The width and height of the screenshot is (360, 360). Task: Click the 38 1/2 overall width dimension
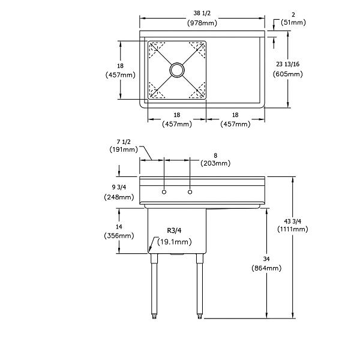202,13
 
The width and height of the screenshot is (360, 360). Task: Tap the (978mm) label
202,23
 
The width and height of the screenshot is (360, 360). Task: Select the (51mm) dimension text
293,22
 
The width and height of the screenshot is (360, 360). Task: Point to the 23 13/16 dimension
287,64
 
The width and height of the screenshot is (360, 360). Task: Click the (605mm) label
287,74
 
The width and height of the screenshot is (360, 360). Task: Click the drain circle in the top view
177,70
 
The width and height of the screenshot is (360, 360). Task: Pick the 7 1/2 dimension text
124,142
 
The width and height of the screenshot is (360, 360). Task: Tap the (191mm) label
124,149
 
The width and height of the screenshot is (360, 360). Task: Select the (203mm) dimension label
215,163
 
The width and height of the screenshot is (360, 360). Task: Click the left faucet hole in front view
164,192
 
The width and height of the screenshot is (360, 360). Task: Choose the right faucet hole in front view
190,192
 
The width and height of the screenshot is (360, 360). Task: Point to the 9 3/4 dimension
119,187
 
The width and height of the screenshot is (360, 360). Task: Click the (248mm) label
119,197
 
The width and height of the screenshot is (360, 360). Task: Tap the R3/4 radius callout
174,230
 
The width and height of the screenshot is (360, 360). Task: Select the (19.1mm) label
175,242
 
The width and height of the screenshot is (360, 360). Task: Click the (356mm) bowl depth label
119,236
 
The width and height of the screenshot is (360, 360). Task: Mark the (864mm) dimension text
266,268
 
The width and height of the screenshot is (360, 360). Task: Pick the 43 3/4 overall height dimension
293,221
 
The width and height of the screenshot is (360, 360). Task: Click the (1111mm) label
293,229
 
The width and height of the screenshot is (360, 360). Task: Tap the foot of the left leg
154,316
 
